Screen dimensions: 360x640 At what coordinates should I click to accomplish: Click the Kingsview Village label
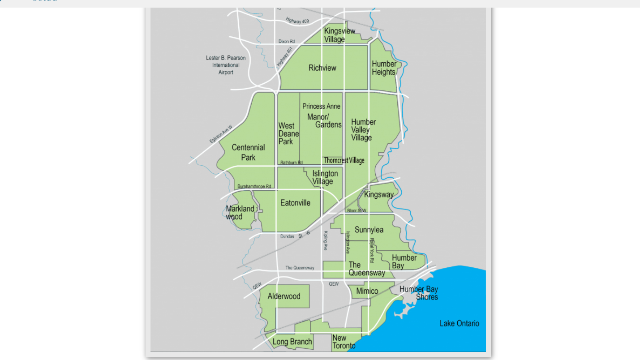click(x=339, y=35)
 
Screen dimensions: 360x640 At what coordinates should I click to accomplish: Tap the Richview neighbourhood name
click(x=322, y=68)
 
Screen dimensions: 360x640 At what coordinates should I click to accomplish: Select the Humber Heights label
click(x=384, y=68)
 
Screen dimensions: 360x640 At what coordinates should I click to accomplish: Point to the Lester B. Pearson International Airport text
click(x=226, y=65)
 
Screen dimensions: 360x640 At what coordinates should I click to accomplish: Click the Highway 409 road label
click(x=297, y=21)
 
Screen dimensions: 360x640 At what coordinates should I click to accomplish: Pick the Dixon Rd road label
click(x=287, y=41)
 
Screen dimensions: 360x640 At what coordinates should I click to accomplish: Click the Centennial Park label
click(x=248, y=152)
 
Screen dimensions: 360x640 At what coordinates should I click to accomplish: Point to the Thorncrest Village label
click(x=344, y=160)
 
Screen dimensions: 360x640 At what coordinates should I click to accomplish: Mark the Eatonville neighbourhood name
click(x=295, y=203)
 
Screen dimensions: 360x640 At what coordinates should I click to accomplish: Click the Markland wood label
click(x=240, y=213)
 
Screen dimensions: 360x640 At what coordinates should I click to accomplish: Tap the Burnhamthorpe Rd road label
click(x=254, y=186)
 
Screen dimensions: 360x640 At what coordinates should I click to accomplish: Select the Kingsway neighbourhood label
click(x=378, y=194)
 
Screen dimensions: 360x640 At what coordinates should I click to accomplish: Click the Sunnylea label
click(x=369, y=230)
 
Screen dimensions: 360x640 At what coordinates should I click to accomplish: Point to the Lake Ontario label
click(x=459, y=323)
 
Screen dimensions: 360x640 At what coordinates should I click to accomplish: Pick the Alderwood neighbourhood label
click(x=284, y=296)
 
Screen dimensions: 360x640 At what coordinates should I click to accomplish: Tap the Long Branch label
click(x=292, y=342)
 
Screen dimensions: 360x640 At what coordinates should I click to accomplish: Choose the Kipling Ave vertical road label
click(x=326, y=240)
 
